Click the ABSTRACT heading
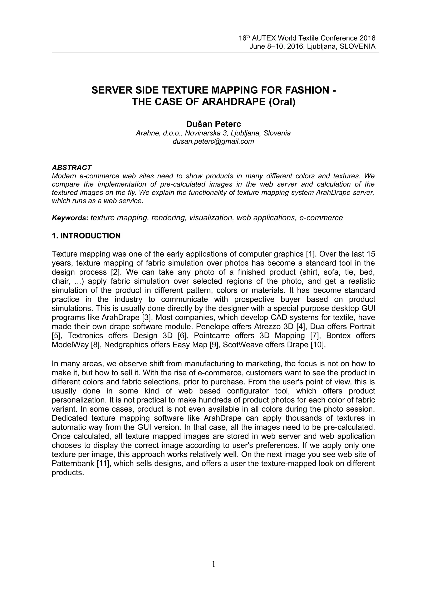click(x=72, y=168)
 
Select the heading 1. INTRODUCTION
click(x=86, y=236)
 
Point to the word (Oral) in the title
click(x=282, y=102)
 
